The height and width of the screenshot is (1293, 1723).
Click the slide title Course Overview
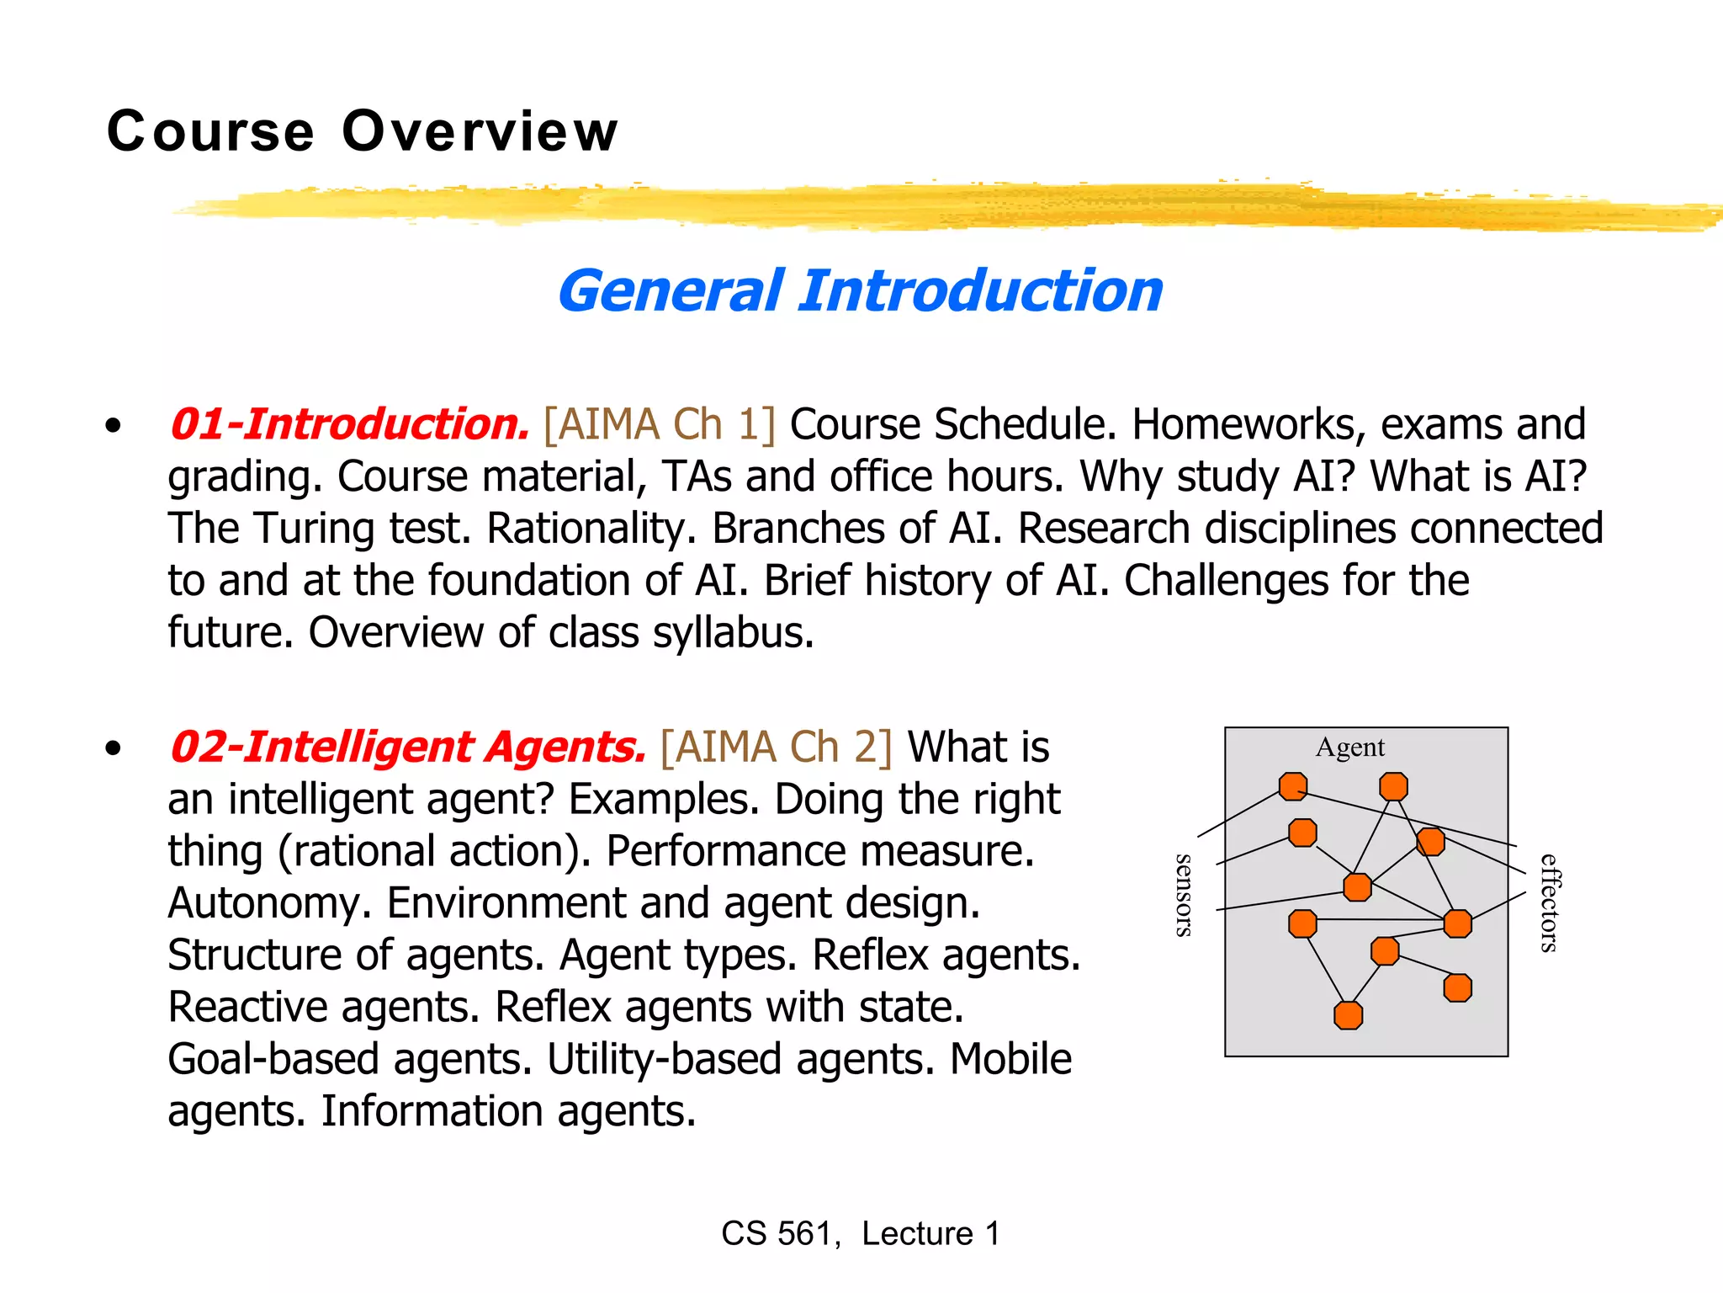(x=363, y=132)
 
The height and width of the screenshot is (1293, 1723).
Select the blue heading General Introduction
(x=860, y=291)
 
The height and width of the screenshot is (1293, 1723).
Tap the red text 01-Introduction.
(x=349, y=424)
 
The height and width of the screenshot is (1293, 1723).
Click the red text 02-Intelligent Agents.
(x=408, y=748)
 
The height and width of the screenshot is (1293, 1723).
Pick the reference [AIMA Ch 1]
(x=660, y=424)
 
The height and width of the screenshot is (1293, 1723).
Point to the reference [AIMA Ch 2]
(x=776, y=748)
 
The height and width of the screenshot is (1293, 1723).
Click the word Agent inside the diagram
(x=1349, y=748)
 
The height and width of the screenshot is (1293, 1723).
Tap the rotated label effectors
(x=1549, y=902)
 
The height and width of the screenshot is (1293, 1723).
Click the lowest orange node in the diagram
(x=1348, y=1015)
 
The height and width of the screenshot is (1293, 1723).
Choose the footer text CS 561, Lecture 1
(x=861, y=1233)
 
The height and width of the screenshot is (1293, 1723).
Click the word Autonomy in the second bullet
(x=269, y=904)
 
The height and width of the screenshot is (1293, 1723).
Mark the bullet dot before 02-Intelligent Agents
(x=114, y=748)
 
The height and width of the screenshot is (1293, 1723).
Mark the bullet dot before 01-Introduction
(x=114, y=426)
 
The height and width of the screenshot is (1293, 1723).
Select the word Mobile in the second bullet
(x=1010, y=1060)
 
